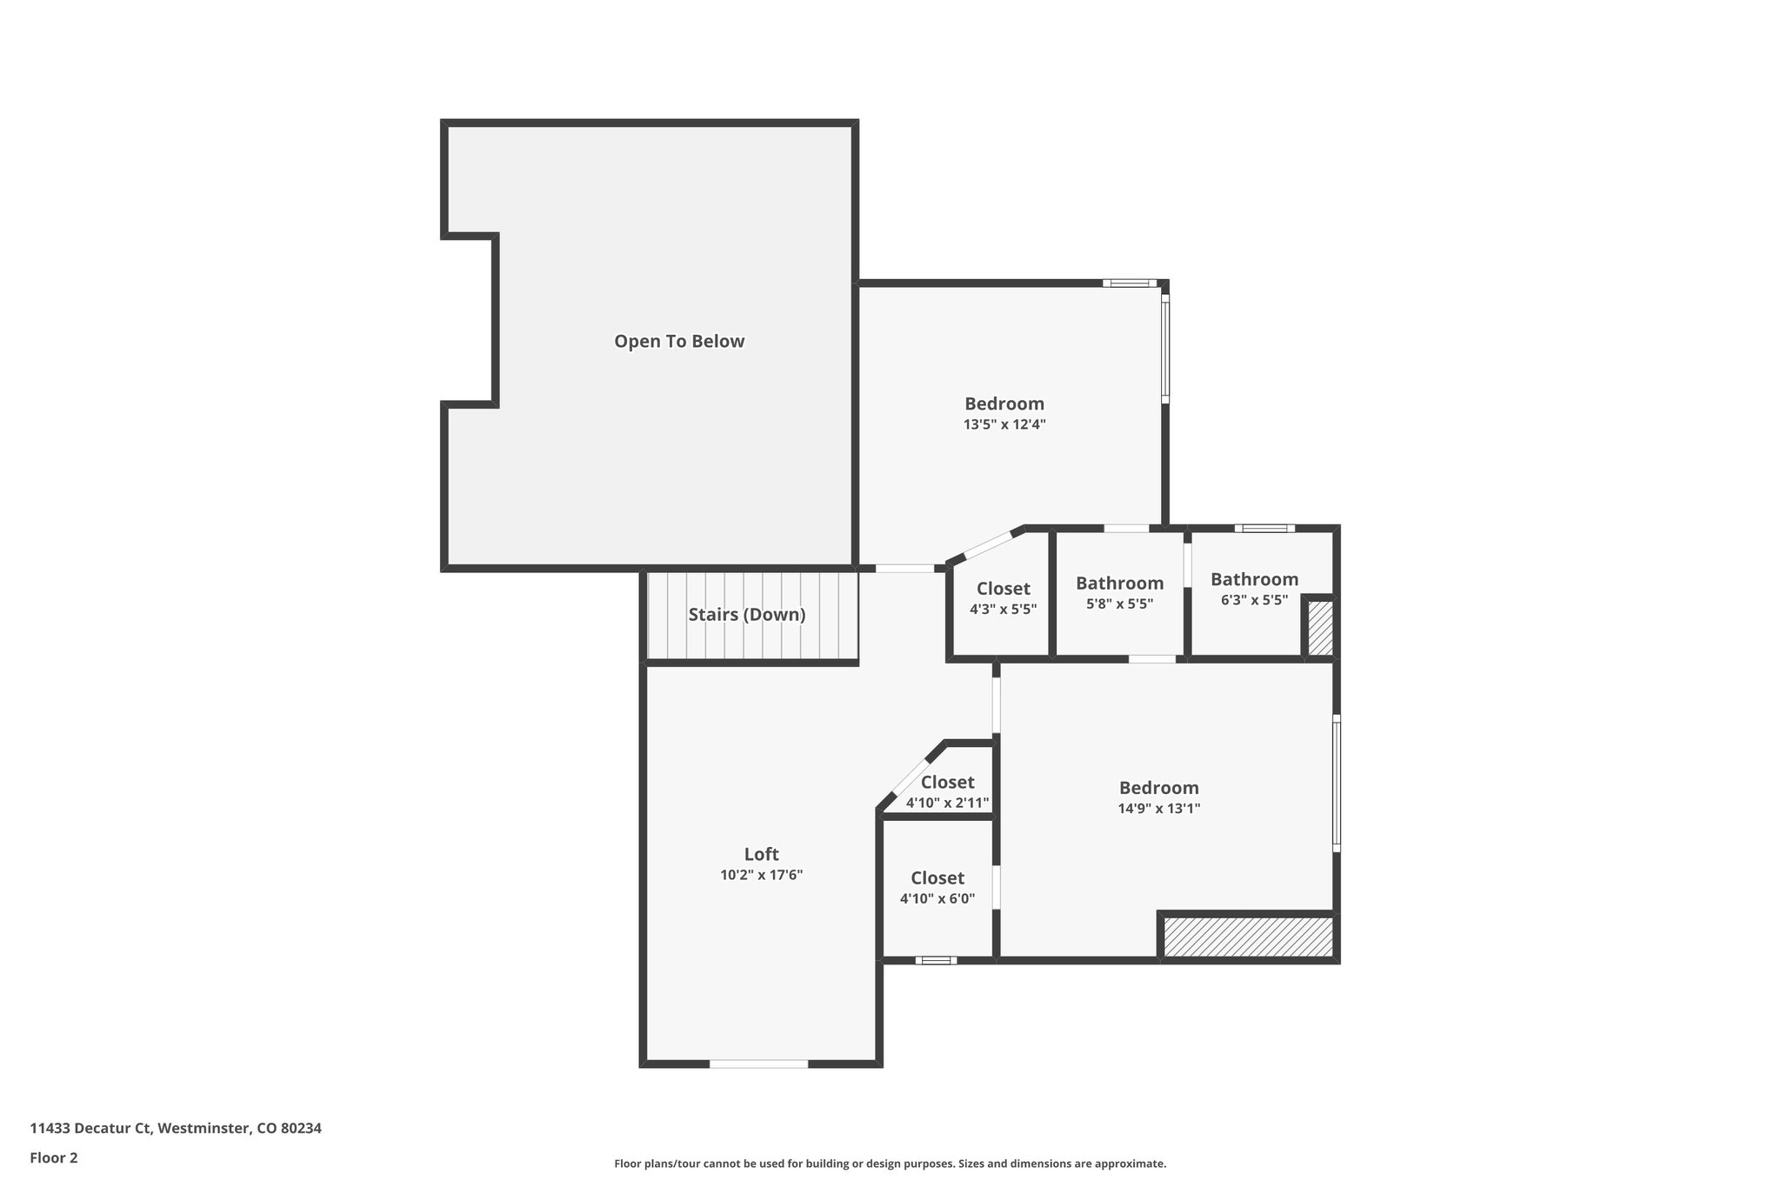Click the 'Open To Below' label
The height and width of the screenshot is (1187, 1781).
tap(679, 341)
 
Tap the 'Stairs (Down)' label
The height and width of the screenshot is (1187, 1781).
tap(747, 615)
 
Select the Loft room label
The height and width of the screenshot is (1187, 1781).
tap(761, 854)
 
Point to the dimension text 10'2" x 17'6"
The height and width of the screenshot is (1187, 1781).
tap(761, 876)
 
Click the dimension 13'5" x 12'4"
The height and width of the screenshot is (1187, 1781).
tap(1004, 425)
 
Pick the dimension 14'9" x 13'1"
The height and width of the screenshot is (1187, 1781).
tap(1158, 809)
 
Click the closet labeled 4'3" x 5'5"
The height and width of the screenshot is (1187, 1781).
tap(1003, 598)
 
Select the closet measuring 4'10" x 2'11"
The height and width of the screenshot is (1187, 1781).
tap(947, 791)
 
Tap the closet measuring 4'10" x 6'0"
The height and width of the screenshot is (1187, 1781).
tap(937, 887)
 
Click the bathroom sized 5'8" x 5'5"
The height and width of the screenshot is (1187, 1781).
tap(1119, 593)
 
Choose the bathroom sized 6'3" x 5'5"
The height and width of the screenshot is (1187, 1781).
tap(1254, 589)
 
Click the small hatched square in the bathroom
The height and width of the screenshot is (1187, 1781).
tap(1320, 628)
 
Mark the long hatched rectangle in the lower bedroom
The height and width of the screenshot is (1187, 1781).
tap(1248, 937)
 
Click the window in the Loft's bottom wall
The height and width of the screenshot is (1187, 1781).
tap(759, 1064)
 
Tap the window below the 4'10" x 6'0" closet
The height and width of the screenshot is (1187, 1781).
tap(936, 960)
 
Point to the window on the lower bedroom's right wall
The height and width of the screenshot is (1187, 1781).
tap(1337, 783)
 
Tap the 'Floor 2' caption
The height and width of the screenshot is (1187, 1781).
tap(54, 1157)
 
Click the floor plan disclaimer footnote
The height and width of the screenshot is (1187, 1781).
tap(890, 1164)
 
